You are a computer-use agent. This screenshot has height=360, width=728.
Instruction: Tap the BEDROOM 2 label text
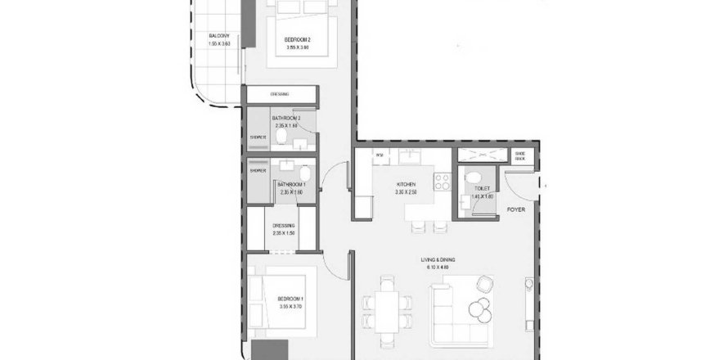pos(298,39)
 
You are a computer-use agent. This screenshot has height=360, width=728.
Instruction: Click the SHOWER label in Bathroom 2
pos(258,137)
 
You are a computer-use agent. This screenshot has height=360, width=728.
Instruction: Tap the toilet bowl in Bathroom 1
pos(304,174)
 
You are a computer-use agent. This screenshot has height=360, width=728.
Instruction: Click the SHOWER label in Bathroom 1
pos(258,170)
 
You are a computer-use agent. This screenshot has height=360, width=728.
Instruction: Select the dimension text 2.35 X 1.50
pos(285,233)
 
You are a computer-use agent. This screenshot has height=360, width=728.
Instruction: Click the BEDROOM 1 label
pos(290,299)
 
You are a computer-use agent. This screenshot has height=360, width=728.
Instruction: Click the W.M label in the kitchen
pos(379,155)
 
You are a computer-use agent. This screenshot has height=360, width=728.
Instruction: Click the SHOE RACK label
pos(519,155)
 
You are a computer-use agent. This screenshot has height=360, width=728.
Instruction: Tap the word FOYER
pos(515,209)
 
